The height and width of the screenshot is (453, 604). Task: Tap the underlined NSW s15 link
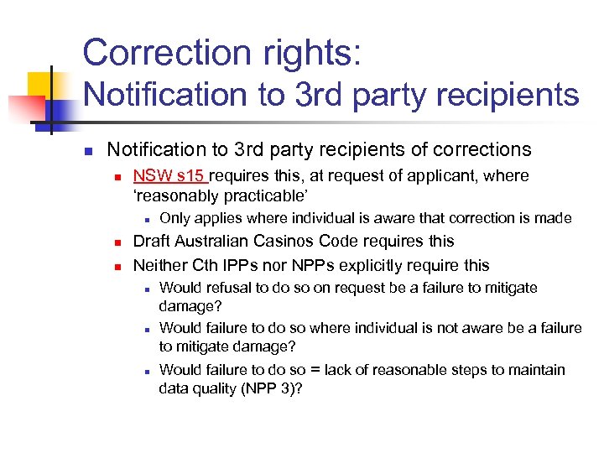coord(170,176)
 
